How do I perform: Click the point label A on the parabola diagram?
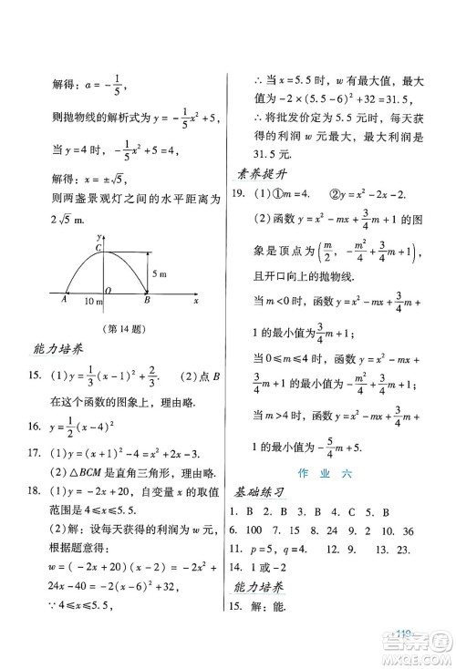click(x=65, y=297)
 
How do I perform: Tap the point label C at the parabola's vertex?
click(x=98, y=248)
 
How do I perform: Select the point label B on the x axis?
click(x=148, y=297)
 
